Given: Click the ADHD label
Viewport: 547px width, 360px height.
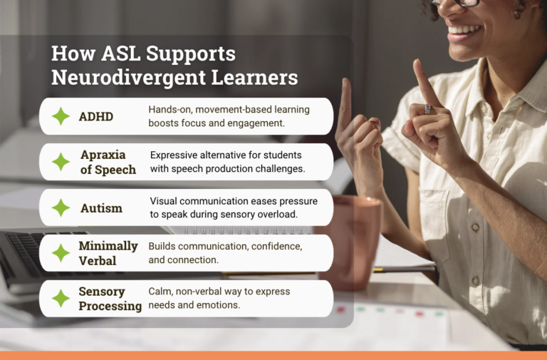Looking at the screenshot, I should coord(95,116).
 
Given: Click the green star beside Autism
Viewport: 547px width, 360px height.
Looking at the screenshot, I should coord(61,207).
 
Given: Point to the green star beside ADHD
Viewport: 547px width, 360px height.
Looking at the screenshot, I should coord(61,116).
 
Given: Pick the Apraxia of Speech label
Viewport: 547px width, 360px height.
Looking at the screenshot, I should coord(107,162).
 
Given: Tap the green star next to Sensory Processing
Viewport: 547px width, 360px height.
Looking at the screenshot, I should coord(61,299).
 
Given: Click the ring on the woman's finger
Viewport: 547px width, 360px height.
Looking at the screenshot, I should coord(428,109).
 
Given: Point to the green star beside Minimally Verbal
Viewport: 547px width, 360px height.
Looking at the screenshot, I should coord(61,253).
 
